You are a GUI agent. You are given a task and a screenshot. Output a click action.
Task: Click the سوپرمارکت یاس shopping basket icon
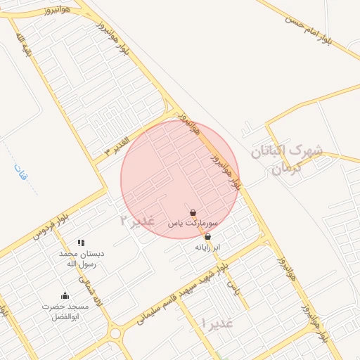[x=193, y=212]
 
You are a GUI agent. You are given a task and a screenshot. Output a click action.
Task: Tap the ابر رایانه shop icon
[x=207, y=238]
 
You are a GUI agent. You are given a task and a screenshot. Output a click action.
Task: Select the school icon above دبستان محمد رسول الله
[x=81, y=243]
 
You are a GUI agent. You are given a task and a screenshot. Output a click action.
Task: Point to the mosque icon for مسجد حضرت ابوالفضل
[x=65, y=296]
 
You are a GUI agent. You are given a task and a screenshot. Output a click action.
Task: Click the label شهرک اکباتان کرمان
[x=287, y=159]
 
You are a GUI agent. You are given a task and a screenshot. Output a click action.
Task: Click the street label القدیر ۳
[x=117, y=144]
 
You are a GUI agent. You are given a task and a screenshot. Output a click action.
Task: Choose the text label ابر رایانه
[x=207, y=248]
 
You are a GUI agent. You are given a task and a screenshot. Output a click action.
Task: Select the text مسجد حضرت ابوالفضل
[x=65, y=311]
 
